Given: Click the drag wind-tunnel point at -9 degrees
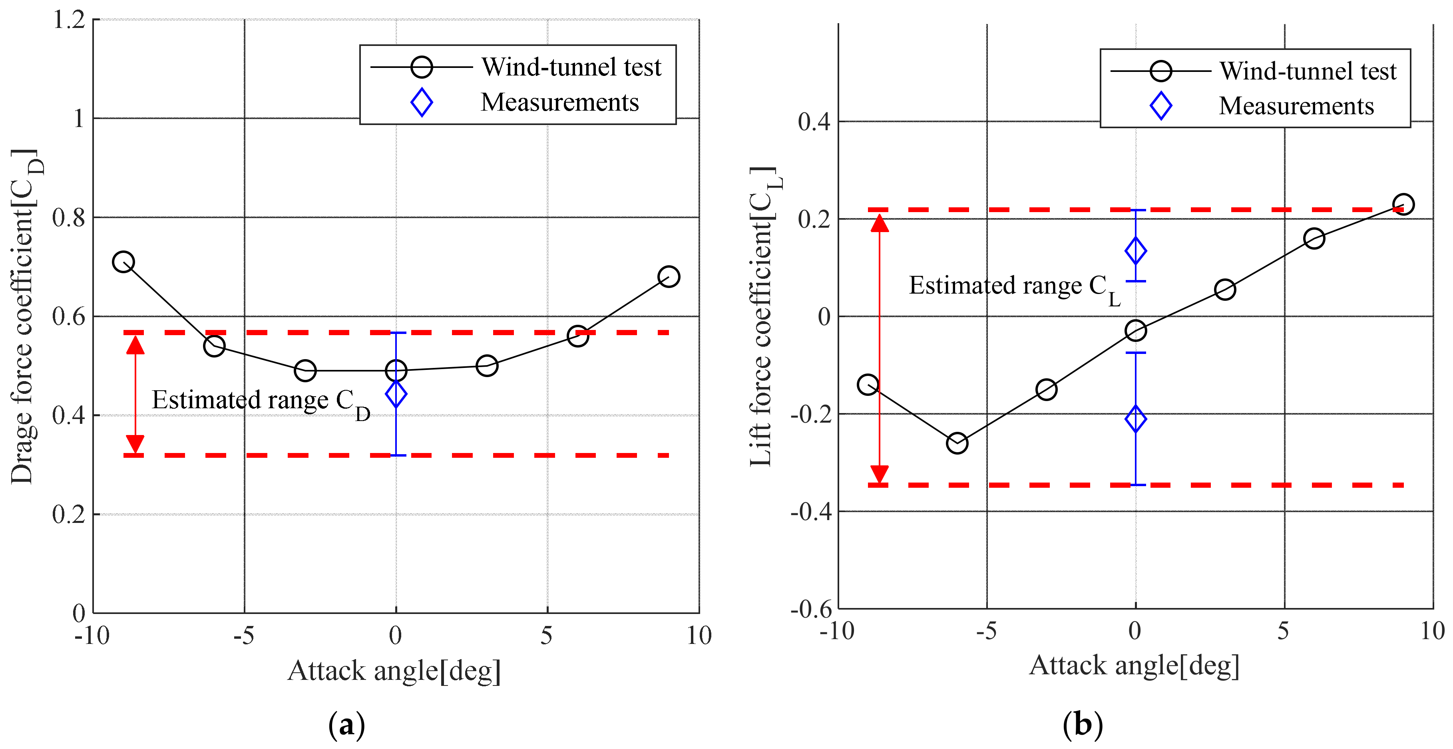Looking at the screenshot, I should (x=123, y=262).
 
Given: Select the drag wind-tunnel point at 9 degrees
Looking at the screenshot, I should (x=669, y=276).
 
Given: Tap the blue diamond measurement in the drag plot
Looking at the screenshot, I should (x=396, y=394).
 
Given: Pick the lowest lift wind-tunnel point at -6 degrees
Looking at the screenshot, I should (x=957, y=443).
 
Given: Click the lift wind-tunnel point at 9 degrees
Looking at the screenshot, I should (x=1403, y=204).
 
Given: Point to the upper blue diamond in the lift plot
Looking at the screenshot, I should (x=1135, y=251).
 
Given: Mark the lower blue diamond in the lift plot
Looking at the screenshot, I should (x=1135, y=419).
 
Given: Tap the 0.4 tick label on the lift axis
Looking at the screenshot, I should (x=814, y=122).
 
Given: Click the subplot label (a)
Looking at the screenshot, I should (x=346, y=725).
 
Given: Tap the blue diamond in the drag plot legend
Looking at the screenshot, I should (x=421, y=103).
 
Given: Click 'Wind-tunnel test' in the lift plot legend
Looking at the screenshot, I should (x=1308, y=72).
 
